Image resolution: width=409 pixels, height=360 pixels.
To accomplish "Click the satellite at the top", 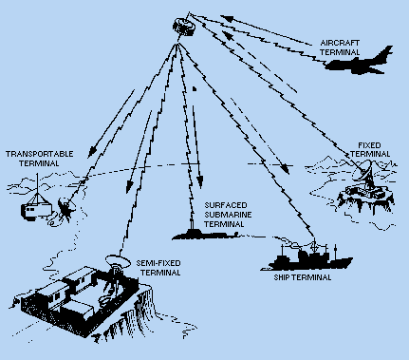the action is tap(184, 27).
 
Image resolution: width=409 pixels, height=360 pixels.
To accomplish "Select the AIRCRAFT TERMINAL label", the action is tap(340, 47).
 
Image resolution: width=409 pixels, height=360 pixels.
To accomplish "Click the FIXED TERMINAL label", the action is tap(370, 149).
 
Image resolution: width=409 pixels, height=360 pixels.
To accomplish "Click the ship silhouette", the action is tap(307, 257).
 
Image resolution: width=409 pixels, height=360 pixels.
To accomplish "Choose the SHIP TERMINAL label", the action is tap(303, 277).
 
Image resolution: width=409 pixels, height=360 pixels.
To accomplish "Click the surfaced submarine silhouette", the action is tap(205, 234).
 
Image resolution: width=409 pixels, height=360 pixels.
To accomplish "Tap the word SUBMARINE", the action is tap(228, 215).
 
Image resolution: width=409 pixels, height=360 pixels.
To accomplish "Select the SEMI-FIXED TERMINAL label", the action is tap(158, 268).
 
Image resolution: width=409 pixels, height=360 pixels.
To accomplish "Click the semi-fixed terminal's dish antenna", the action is tap(118, 261).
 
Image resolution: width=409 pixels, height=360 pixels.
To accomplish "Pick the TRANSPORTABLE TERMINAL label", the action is tap(39, 159).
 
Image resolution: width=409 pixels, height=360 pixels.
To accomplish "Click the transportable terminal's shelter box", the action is tap(36, 211).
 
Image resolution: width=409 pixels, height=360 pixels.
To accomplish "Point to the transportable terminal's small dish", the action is tap(66, 207).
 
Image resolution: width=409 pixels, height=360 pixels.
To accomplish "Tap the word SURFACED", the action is tap(226, 205).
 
